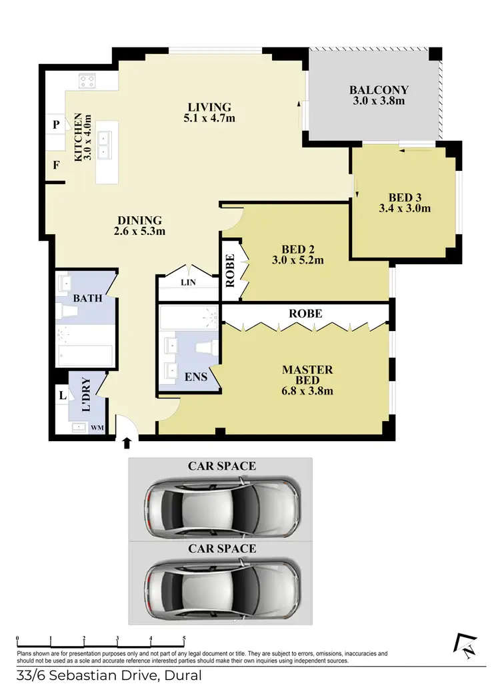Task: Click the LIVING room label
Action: pyautogui.click(x=209, y=107)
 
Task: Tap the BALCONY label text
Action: pyautogui.click(x=379, y=90)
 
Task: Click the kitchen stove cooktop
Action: pyautogui.click(x=87, y=81)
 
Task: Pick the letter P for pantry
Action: pyautogui.click(x=57, y=125)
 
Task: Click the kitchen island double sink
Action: pyautogui.click(x=105, y=146)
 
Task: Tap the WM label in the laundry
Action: pyautogui.click(x=97, y=428)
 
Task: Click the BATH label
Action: pyautogui.click(x=87, y=298)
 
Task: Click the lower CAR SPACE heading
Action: pyautogui.click(x=221, y=549)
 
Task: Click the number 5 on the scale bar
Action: pyautogui.click(x=184, y=639)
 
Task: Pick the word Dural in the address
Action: pyautogui.click(x=181, y=675)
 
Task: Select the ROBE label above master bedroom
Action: pyautogui.click(x=305, y=313)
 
